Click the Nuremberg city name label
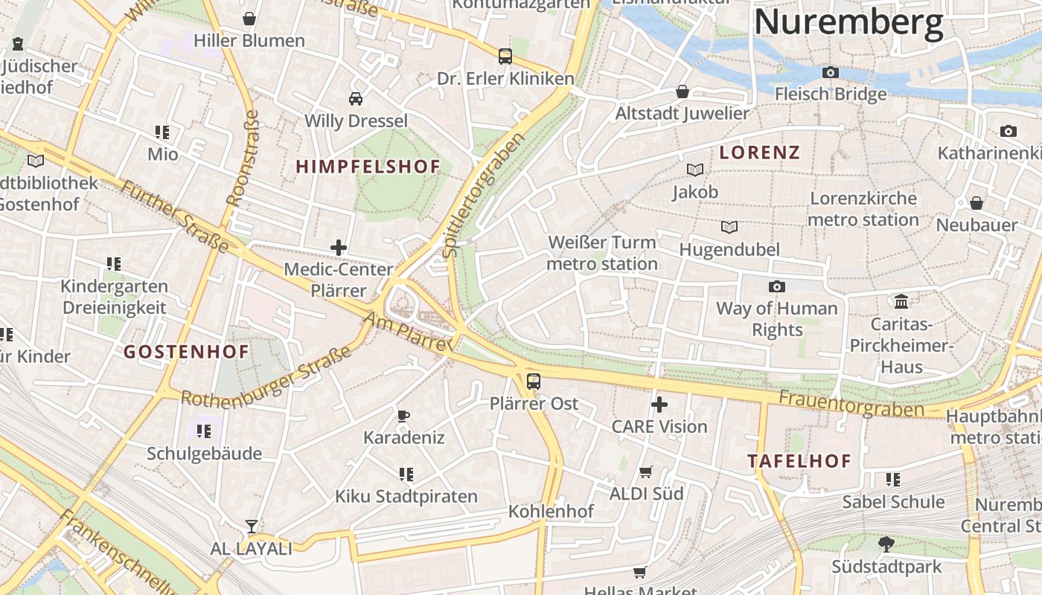click(x=848, y=22)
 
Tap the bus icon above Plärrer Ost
click(x=534, y=382)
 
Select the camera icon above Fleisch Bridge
click(x=831, y=72)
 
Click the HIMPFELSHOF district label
click(x=368, y=167)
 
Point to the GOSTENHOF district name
click(x=186, y=352)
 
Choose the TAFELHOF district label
click(x=799, y=461)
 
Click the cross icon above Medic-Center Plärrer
click(x=339, y=248)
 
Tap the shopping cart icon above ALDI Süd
click(x=646, y=472)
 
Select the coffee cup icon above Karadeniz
click(x=403, y=416)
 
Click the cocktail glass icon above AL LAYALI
click(x=252, y=527)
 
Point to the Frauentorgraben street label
click(x=851, y=404)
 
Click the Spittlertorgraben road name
click(x=484, y=195)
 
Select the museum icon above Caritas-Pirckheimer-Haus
click(x=901, y=301)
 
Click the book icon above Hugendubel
click(x=729, y=227)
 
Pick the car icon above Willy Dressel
click(x=356, y=98)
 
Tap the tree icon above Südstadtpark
click(x=886, y=544)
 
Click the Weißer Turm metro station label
click(x=602, y=253)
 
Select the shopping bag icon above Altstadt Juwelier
click(x=682, y=91)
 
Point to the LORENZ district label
click(x=759, y=153)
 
